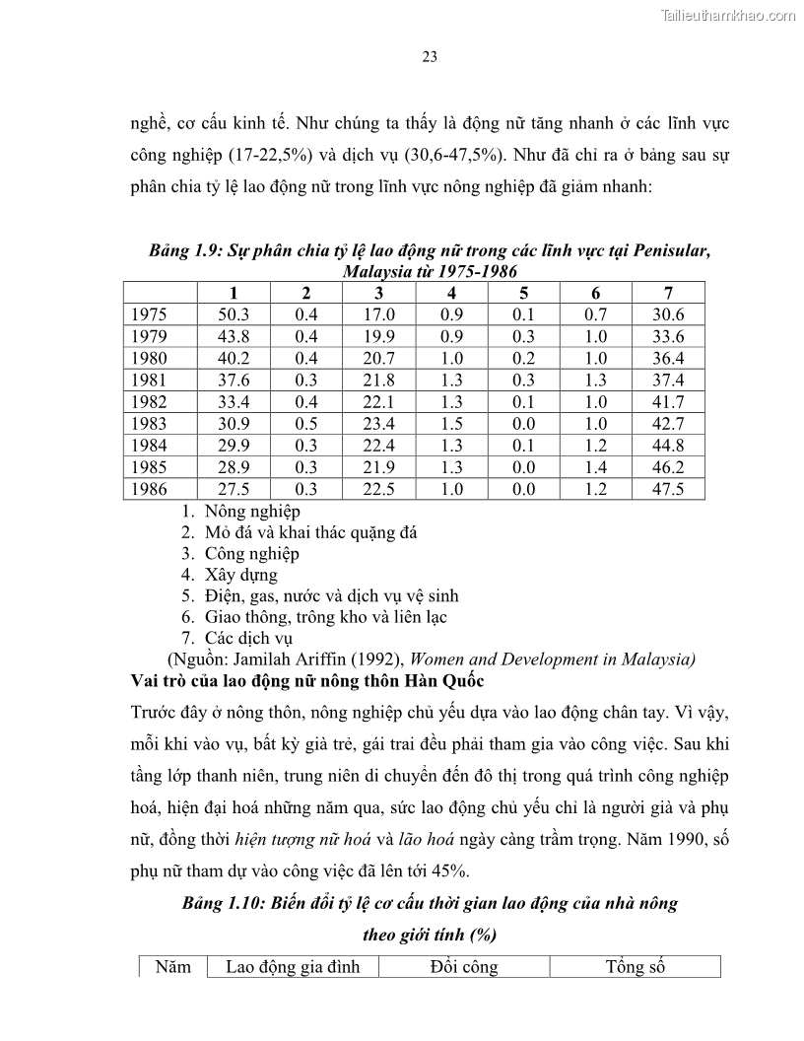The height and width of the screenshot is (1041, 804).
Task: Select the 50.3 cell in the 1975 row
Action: pyautogui.click(x=234, y=314)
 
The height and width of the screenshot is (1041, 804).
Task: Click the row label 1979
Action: pyautogui.click(x=149, y=336)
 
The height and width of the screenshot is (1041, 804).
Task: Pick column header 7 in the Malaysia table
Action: pyautogui.click(x=667, y=293)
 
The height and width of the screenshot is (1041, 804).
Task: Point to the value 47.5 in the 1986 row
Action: pyautogui.click(x=667, y=489)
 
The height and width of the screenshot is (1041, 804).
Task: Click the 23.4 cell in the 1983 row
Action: pyautogui.click(x=378, y=424)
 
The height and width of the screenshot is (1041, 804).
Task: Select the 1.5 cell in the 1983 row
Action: pyautogui.click(x=451, y=424)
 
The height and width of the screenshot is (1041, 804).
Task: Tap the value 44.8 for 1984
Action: pyautogui.click(x=667, y=446)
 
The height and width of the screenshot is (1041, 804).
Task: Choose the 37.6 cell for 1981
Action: pyautogui.click(x=234, y=381)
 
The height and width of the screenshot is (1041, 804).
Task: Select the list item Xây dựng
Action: pyautogui.click(x=241, y=575)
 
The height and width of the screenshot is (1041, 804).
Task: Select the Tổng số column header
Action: pyautogui.click(x=636, y=967)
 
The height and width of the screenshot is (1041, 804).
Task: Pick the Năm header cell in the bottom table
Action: pyautogui.click(x=173, y=967)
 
